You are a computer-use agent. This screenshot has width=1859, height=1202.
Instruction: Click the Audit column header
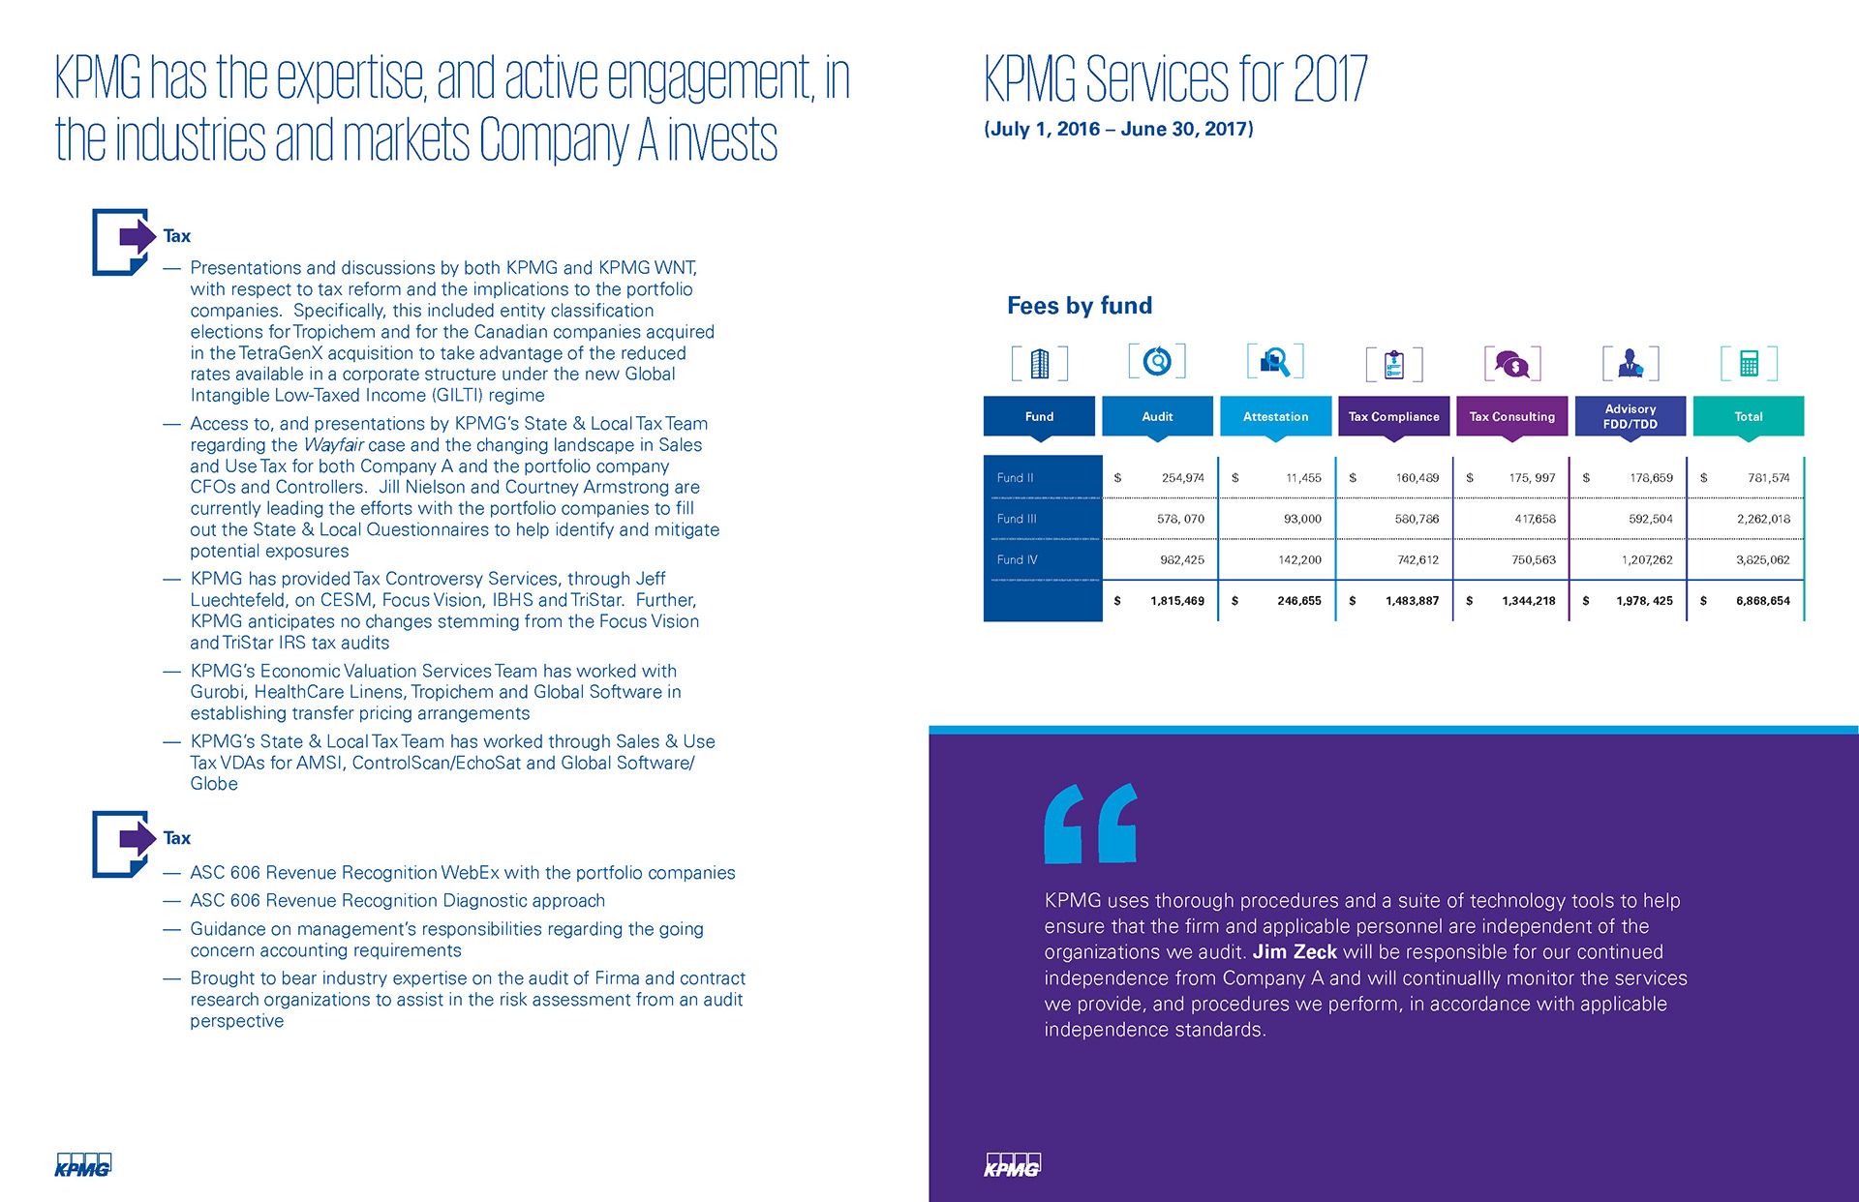(x=1157, y=416)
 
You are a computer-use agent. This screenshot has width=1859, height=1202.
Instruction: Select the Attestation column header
(x=1275, y=416)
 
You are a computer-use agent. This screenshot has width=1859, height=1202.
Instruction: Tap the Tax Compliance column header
(x=1393, y=416)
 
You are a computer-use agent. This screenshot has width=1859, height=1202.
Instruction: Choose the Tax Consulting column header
(x=1511, y=416)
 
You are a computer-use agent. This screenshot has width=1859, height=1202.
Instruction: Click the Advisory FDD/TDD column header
(x=1630, y=416)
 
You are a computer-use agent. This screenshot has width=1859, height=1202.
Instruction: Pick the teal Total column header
(x=1748, y=416)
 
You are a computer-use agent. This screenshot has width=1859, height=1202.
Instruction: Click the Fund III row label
(x=1017, y=519)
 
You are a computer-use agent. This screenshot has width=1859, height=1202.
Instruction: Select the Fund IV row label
(x=1017, y=559)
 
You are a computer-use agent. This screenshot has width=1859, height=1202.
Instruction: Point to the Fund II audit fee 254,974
(x=1182, y=478)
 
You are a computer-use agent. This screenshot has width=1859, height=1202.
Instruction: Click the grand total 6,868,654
(x=1762, y=601)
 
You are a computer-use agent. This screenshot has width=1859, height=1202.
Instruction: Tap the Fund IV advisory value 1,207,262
(x=1646, y=559)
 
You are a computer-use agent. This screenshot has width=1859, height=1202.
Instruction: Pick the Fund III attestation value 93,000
(x=1302, y=519)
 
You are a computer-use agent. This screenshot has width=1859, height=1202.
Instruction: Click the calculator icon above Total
(x=1749, y=363)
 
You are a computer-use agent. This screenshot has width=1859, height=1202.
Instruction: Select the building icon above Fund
(x=1040, y=363)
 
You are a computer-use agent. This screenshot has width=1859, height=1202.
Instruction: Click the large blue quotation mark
(x=1090, y=823)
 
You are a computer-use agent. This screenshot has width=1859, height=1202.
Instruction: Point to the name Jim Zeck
(x=1295, y=952)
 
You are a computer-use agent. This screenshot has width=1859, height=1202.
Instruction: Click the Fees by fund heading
(x=1080, y=306)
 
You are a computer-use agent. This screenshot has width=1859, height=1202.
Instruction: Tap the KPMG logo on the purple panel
(x=1012, y=1165)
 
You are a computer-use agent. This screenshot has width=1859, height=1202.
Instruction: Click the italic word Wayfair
(x=333, y=445)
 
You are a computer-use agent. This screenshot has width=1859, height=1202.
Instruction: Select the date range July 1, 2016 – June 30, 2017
(x=1118, y=129)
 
